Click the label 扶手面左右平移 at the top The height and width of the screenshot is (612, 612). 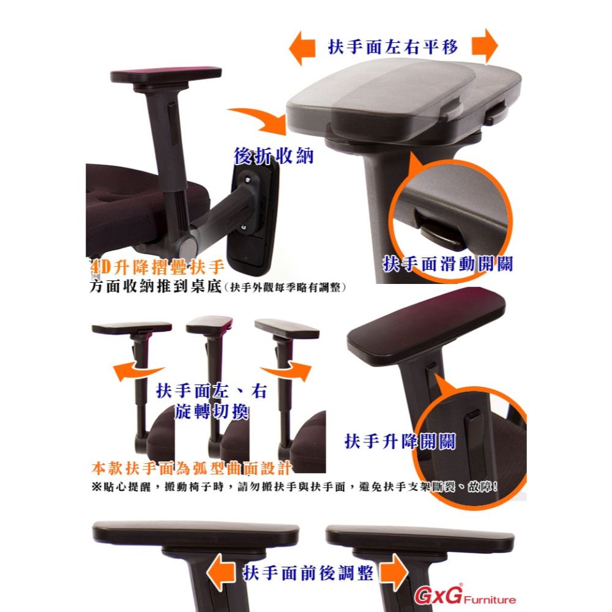point(393,47)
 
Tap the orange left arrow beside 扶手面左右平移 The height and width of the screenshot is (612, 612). point(303,48)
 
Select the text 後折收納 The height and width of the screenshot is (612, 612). point(274,156)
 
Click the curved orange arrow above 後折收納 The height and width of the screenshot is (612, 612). point(257,119)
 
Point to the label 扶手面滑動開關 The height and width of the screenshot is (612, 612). point(448,264)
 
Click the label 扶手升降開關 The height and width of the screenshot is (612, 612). point(400,442)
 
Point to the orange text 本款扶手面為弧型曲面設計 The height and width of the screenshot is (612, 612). point(191,469)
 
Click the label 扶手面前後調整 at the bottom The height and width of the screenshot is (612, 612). point(308,573)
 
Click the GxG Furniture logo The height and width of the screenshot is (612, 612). point(465,596)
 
